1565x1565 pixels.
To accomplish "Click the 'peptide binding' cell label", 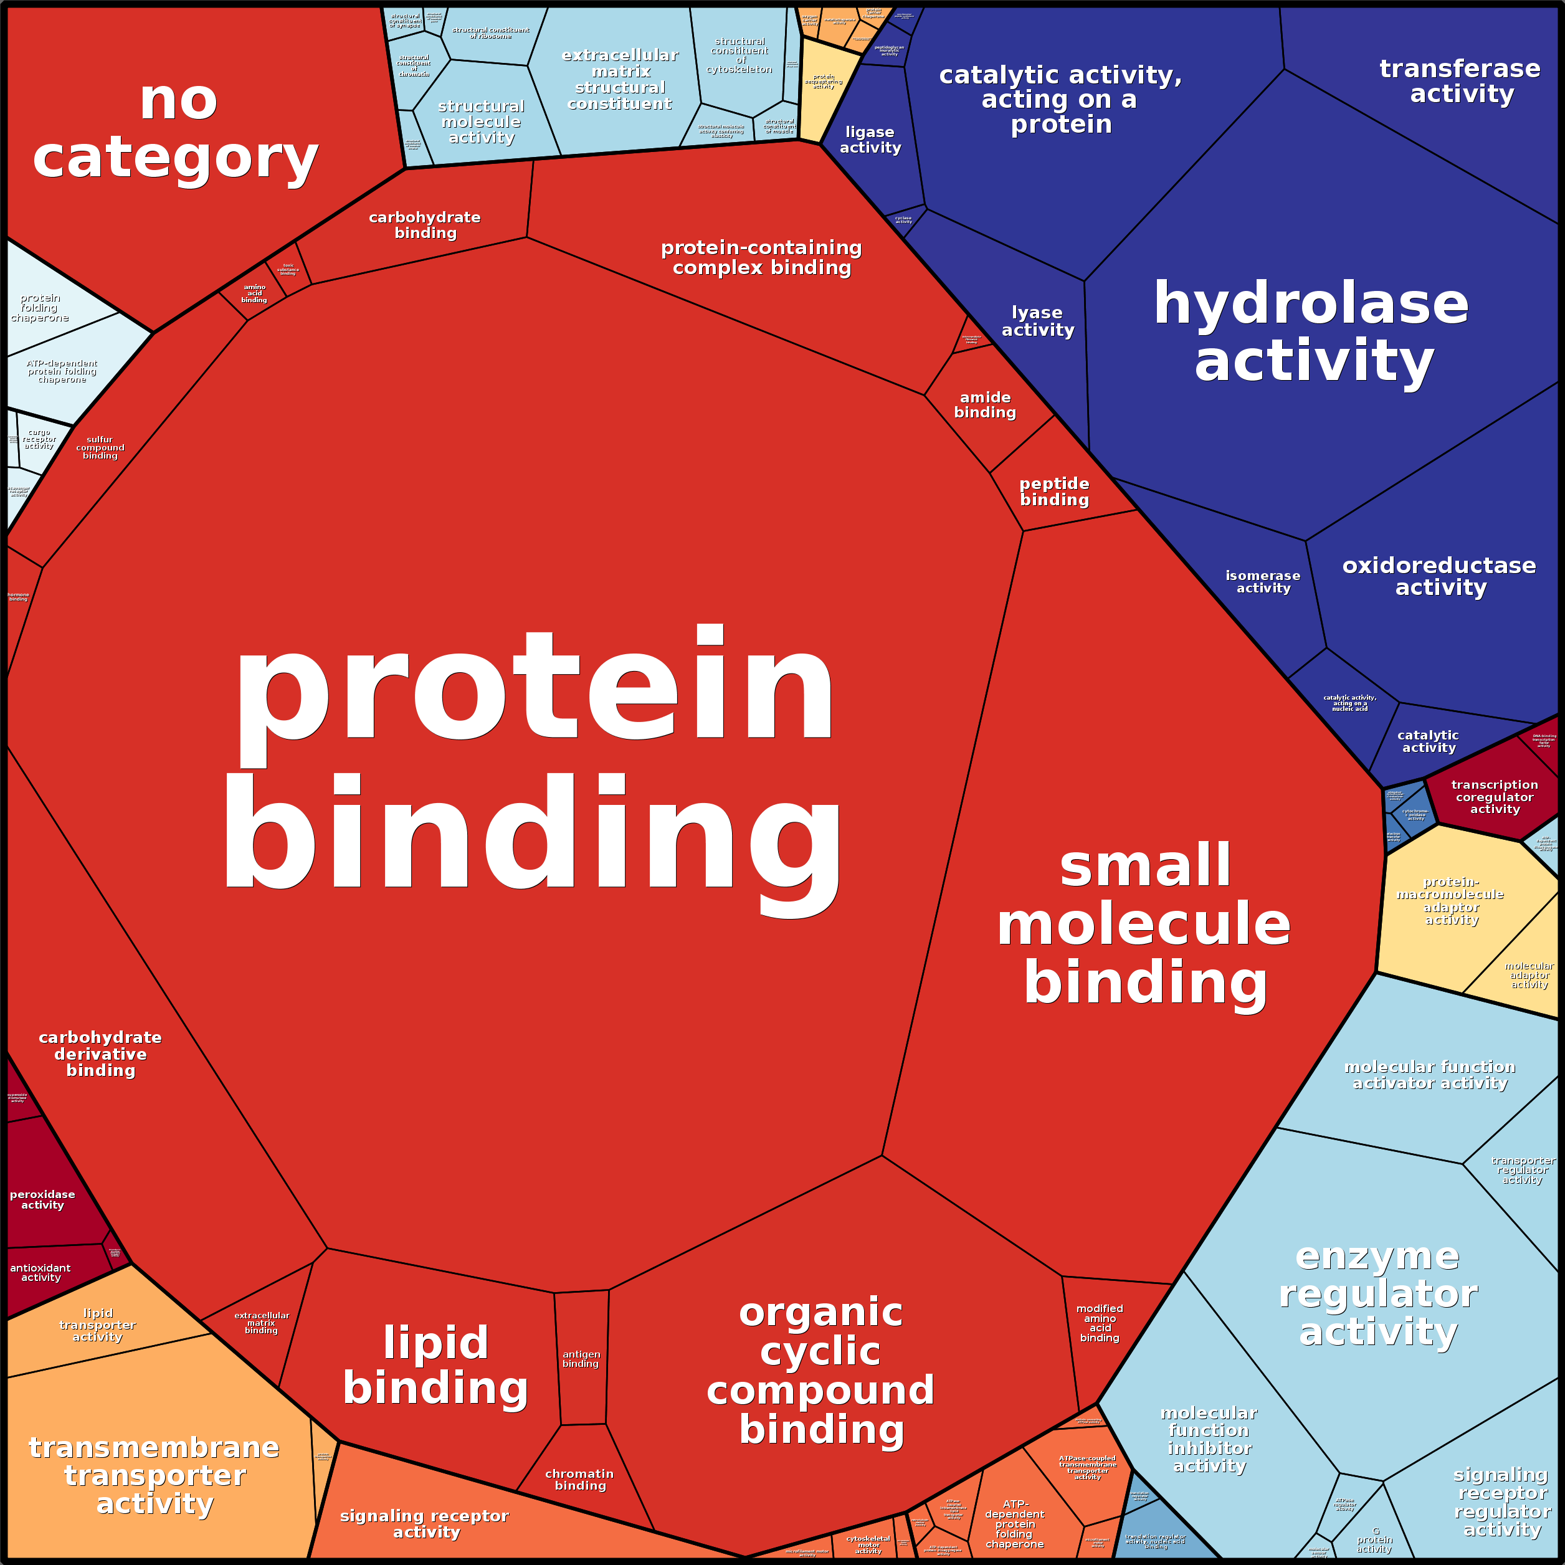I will tap(1054, 492).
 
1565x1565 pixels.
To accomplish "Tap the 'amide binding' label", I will tap(985, 405).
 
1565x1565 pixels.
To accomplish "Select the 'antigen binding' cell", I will tap(581, 1358).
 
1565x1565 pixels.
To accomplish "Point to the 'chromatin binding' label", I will tap(580, 1479).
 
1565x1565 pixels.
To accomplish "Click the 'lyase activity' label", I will tap(1038, 321).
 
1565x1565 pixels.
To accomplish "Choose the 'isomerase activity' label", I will tap(1263, 582).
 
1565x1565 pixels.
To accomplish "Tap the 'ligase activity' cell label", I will tap(870, 140).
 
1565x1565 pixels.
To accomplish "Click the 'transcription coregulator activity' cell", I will tap(1495, 796).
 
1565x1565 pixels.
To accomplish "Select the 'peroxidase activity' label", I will tap(42, 1200).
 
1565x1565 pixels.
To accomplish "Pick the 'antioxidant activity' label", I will tap(40, 1273).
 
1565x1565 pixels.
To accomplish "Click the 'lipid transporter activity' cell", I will tap(97, 1325).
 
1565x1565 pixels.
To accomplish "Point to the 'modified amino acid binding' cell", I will tap(1099, 1323).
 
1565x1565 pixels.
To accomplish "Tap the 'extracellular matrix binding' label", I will tap(261, 1323).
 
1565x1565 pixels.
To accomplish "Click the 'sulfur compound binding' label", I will tap(100, 448).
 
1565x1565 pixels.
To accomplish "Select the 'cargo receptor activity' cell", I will tap(39, 439).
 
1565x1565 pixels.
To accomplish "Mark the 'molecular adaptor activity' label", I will tap(1528, 975).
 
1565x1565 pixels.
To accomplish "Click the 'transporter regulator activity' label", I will tap(1522, 1169).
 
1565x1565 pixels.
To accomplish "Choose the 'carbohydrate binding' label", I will tap(426, 225).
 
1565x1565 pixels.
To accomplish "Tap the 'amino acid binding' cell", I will tap(254, 293).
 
